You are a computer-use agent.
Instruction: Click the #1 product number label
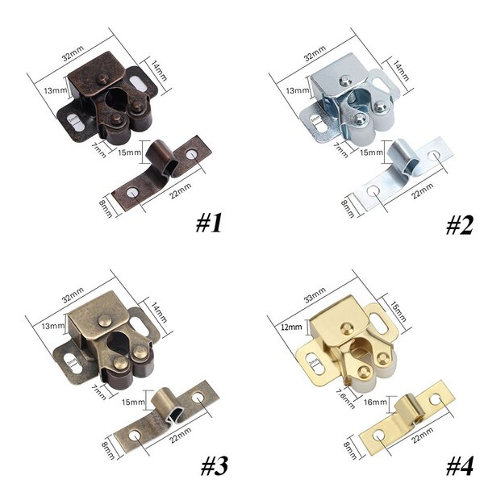point(208,223)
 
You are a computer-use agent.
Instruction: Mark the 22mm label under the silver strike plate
point(420,193)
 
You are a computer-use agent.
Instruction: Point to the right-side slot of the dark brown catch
point(140,82)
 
